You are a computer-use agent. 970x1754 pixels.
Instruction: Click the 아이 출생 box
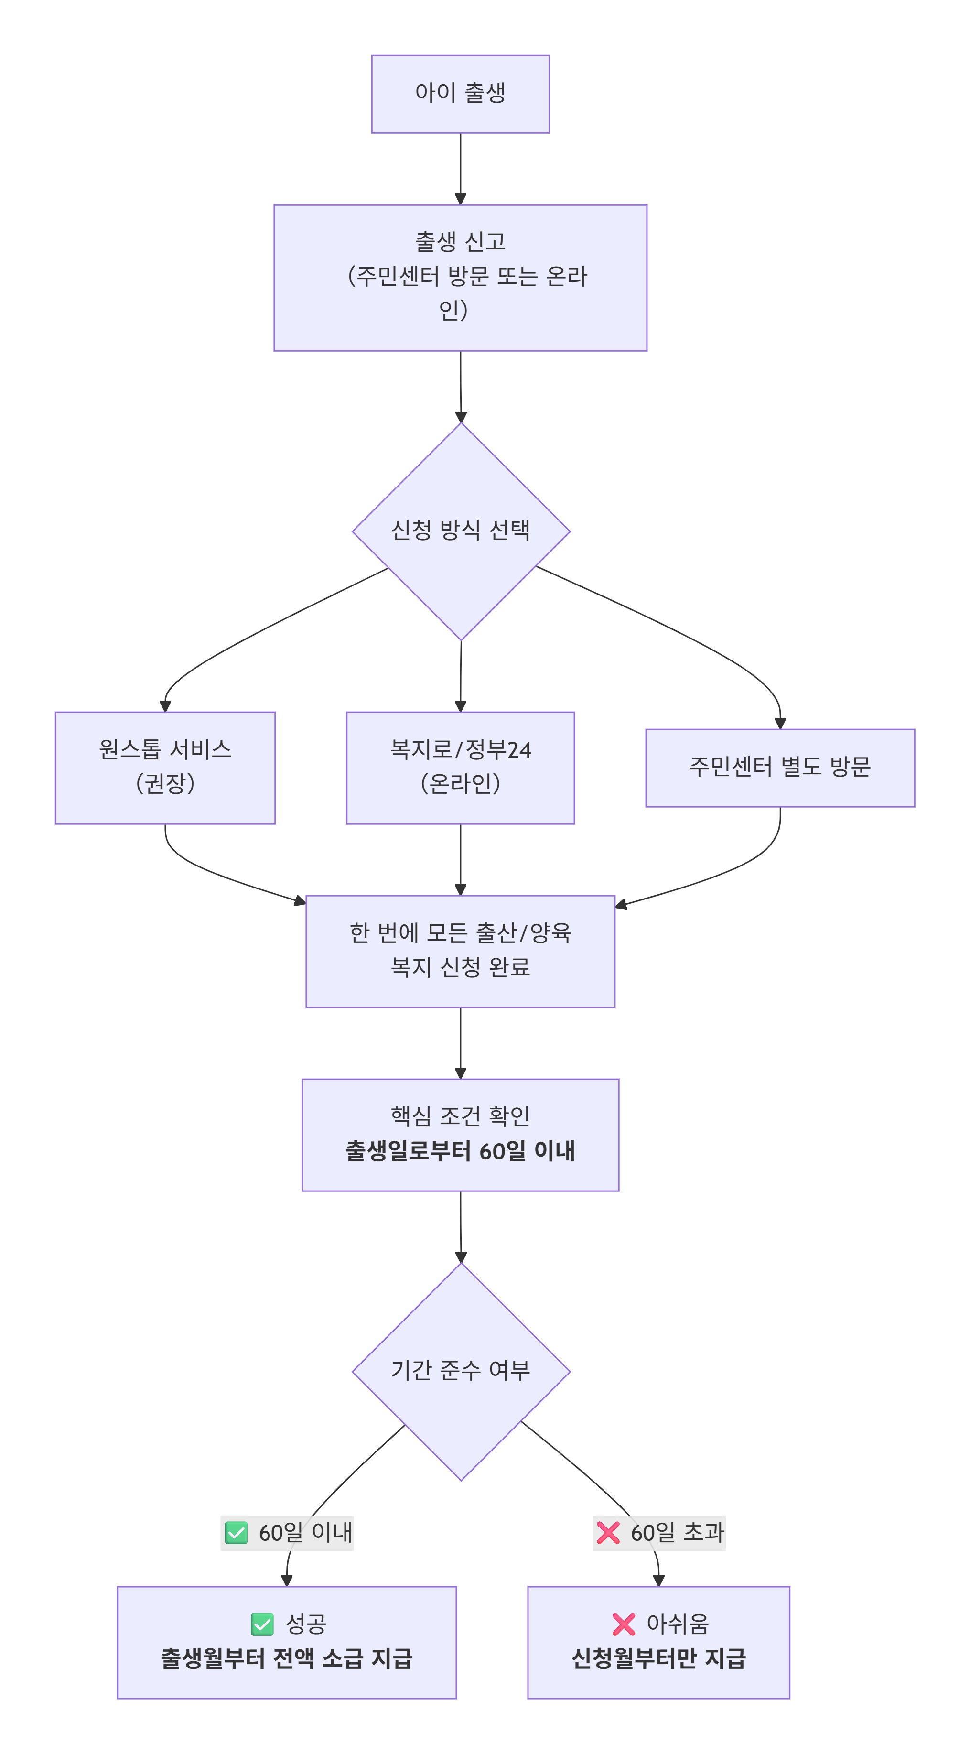(x=460, y=94)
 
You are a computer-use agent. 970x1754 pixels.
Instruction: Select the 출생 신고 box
(x=460, y=278)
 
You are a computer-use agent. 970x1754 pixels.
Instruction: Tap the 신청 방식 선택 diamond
(x=461, y=531)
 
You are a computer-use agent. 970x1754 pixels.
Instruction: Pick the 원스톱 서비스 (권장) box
(x=165, y=768)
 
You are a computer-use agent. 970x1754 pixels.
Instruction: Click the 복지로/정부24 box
(x=460, y=768)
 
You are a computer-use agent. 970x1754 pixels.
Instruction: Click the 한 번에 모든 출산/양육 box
(x=460, y=951)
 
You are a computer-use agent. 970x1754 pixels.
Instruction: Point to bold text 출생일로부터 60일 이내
(x=460, y=1151)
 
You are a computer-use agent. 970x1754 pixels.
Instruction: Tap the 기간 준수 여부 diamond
(x=461, y=1371)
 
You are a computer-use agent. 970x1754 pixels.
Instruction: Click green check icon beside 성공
(x=262, y=1624)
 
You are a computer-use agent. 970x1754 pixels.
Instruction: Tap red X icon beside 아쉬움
(x=624, y=1624)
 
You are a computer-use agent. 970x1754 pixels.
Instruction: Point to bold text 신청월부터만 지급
(x=658, y=1659)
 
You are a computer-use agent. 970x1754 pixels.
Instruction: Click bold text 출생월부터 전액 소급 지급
(x=287, y=1659)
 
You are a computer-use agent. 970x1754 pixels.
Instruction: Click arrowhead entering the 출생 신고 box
(x=460, y=198)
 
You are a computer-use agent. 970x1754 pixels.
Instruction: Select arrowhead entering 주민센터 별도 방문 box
(x=780, y=723)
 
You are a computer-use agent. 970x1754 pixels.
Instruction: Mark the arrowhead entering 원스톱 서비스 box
(x=165, y=706)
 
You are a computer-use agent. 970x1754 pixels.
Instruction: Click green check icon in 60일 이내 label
(x=236, y=1533)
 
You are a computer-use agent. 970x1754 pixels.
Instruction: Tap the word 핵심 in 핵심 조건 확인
(x=410, y=1116)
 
